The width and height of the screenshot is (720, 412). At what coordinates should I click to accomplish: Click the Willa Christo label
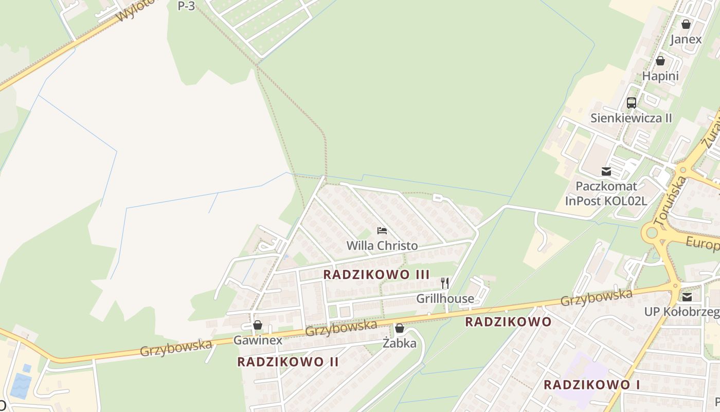(382, 246)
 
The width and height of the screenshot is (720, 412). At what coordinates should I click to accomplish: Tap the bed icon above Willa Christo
(382, 230)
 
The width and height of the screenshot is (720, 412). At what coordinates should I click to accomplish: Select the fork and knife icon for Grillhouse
(445, 283)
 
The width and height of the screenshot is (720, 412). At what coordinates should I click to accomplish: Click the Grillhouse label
(445, 299)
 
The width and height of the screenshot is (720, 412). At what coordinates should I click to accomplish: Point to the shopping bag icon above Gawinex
(258, 325)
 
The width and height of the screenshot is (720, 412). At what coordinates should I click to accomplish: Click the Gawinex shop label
(258, 340)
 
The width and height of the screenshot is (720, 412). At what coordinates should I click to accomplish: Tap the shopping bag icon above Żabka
(400, 328)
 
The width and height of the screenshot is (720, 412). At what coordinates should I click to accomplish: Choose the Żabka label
(400, 344)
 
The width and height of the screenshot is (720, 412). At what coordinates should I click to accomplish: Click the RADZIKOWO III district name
(376, 274)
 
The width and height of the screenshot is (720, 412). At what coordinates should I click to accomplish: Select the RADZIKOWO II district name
(288, 362)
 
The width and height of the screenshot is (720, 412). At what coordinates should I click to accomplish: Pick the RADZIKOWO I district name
(588, 385)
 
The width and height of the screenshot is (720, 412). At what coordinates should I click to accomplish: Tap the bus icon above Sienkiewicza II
(631, 103)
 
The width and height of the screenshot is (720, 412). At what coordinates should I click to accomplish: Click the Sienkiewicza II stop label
(631, 118)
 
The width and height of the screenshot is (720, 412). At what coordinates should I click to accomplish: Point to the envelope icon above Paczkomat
(606, 171)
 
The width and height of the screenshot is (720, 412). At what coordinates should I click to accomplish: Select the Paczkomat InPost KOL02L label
(606, 194)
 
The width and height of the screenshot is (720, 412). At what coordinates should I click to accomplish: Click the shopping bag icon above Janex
(686, 24)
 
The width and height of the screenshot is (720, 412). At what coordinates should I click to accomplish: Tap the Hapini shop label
(660, 76)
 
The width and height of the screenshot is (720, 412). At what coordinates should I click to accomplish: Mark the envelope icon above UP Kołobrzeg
(687, 297)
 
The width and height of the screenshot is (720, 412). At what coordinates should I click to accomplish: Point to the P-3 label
(186, 6)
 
